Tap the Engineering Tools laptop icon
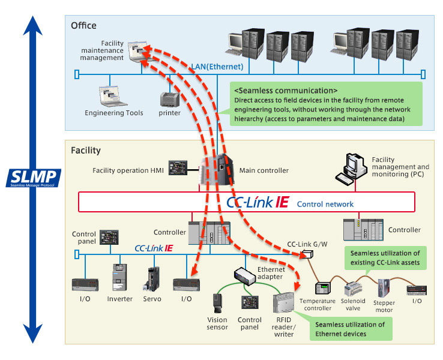[x=109, y=96]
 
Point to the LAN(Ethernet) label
[x=217, y=67]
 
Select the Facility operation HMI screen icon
[x=178, y=167]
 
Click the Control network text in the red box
[x=325, y=204]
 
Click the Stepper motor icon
[x=385, y=286]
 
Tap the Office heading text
[x=83, y=26]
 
